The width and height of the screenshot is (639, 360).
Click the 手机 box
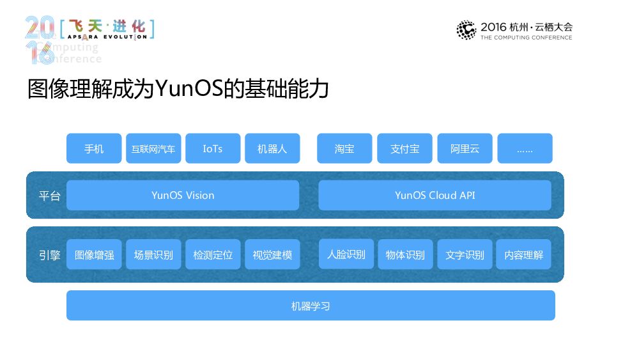click(94, 148)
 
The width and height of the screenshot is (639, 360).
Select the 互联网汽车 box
click(153, 148)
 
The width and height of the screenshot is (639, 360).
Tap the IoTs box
click(213, 148)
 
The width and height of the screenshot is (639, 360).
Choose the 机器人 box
click(272, 148)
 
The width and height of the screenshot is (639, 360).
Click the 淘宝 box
click(344, 148)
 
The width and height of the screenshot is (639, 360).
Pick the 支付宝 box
click(404, 148)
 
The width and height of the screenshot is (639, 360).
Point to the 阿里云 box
click(465, 148)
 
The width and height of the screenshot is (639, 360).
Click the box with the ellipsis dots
click(525, 148)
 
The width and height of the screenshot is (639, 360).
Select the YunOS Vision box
click(183, 195)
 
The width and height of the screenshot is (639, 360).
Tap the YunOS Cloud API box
click(435, 195)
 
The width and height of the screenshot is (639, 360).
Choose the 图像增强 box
click(94, 254)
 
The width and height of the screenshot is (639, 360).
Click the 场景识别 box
click(153, 254)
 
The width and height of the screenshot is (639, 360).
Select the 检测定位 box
click(213, 254)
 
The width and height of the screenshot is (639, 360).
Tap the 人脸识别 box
click(346, 254)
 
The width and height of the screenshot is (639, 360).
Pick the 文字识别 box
click(465, 254)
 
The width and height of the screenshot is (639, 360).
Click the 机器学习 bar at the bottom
click(311, 306)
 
